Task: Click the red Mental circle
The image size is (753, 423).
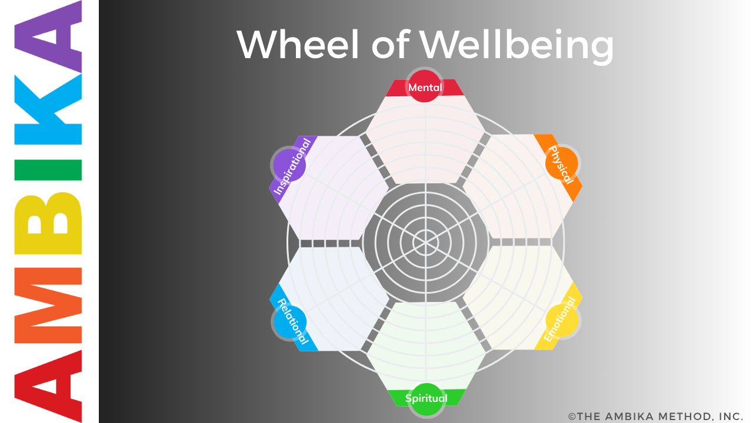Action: pyautogui.click(x=425, y=86)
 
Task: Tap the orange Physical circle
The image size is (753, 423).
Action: pyautogui.click(x=561, y=163)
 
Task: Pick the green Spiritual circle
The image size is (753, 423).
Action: pyautogui.click(x=425, y=399)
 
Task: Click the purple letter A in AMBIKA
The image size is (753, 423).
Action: pyautogui.click(x=49, y=39)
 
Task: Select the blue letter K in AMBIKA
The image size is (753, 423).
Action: pyautogui.click(x=49, y=111)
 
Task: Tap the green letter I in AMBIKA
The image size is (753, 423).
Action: pyautogui.click(x=49, y=170)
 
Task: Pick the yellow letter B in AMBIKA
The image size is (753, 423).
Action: pyautogui.click(x=49, y=223)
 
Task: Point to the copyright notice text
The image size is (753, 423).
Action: pyautogui.click(x=655, y=416)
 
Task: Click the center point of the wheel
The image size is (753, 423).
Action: pyautogui.click(x=425, y=241)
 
